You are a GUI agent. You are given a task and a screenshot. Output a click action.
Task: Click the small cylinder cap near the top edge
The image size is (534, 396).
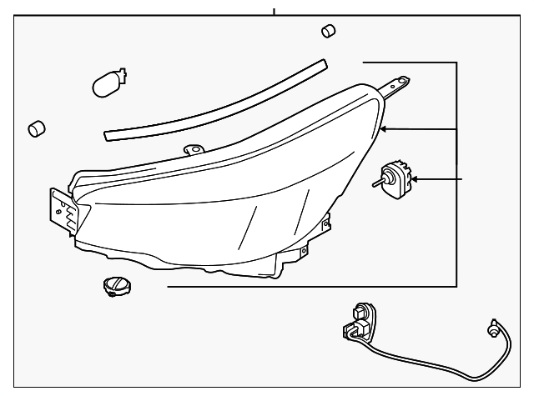click(x=328, y=31)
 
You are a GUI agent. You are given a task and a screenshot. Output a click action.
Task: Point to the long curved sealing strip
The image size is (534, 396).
click(x=217, y=99)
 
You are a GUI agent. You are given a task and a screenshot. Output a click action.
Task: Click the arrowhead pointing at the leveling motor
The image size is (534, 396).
click(x=417, y=179)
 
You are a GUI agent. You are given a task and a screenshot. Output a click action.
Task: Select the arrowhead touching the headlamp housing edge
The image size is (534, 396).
click(x=385, y=129)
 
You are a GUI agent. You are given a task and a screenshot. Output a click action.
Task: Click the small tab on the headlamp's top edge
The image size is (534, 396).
click(x=193, y=150)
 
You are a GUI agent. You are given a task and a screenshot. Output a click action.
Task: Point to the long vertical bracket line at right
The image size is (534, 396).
click(x=457, y=175)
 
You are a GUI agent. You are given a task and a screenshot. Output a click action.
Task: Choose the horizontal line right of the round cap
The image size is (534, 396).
click(x=309, y=286)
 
